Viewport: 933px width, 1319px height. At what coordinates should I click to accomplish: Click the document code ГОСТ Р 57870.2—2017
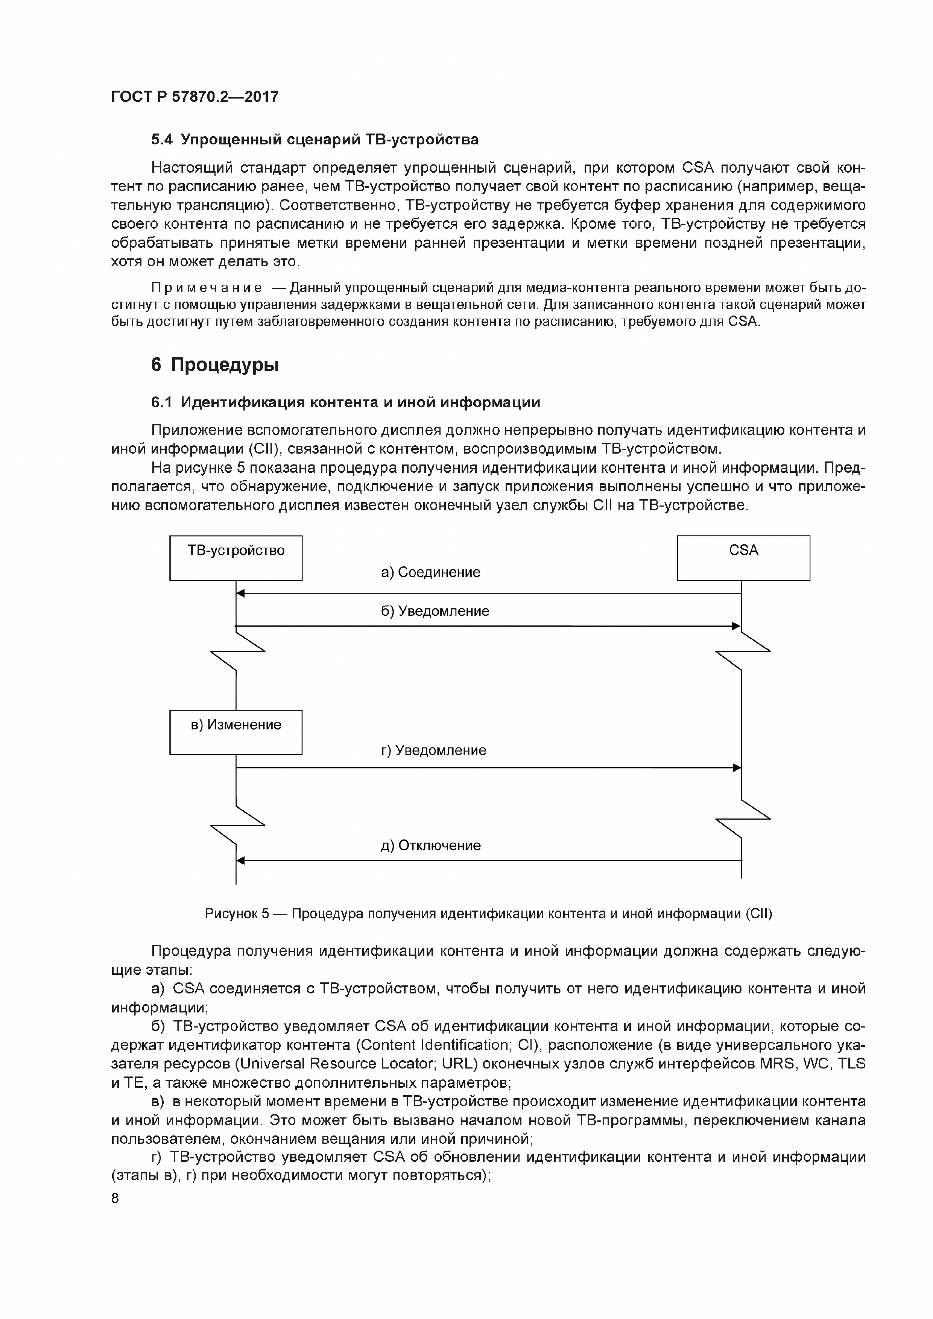(x=195, y=97)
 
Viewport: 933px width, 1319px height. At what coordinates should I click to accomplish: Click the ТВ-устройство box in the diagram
(x=236, y=558)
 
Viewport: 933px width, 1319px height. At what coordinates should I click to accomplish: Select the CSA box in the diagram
(x=743, y=558)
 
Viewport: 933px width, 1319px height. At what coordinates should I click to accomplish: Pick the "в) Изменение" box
(x=236, y=732)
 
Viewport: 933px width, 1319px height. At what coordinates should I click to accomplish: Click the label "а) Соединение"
(x=430, y=572)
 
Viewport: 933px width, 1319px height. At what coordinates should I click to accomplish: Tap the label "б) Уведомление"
(x=435, y=611)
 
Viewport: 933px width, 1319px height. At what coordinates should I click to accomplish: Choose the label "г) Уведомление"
(x=433, y=750)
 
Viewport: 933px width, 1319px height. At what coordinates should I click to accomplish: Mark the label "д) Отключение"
(x=430, y=845)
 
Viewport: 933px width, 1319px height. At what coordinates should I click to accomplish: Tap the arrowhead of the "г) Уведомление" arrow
(x=737, y=768)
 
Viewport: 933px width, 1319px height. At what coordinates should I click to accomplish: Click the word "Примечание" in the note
(x=206, y=288)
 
